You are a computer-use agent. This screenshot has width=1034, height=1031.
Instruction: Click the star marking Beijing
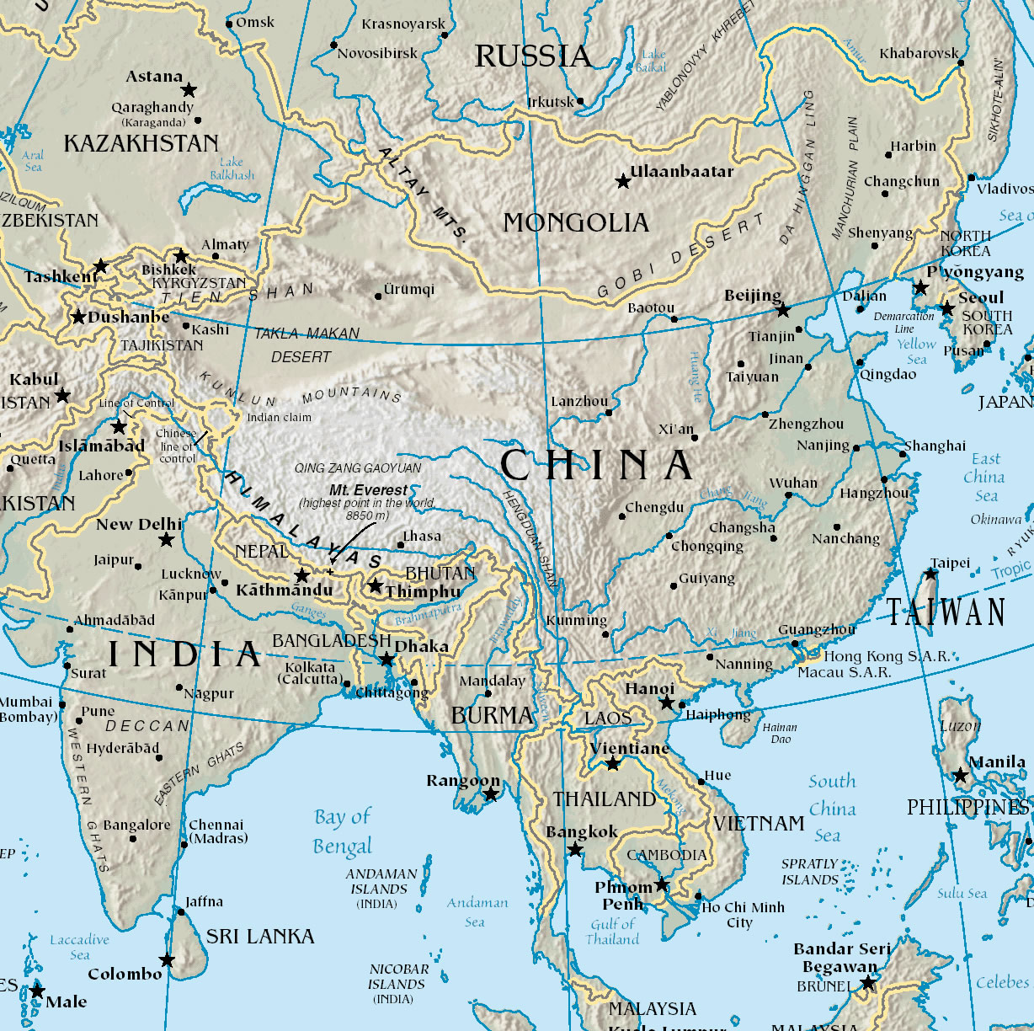coord(783,311)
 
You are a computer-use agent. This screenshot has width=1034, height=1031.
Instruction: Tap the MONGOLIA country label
coord(576,223)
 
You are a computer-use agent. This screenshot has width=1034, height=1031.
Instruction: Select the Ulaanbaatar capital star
coord(623,181)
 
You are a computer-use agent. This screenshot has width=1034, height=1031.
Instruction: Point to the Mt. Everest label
coord(368,490)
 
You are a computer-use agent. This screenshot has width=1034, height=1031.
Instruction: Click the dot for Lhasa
coord(400,545)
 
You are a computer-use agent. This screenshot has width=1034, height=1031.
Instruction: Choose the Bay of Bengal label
coord(342,831)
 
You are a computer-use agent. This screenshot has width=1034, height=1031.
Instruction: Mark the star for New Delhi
coord(167,539)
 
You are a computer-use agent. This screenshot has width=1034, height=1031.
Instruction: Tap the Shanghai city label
coord(935,446)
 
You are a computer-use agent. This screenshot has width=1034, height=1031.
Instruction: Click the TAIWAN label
coord(946,612)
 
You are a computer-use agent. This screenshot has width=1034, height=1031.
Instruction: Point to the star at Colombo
coord(168,960)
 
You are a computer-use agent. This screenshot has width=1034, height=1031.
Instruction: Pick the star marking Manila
coord(960,776)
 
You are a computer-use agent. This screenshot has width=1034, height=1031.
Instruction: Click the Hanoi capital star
coord(667,702)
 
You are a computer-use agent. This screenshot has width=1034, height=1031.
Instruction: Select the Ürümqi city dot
coord(377,296)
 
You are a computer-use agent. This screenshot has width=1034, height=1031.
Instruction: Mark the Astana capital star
coord(189,89)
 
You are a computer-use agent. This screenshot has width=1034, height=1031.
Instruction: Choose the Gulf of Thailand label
coord(612,931)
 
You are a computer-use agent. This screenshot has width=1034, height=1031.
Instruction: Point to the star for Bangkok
coord(575,850)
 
